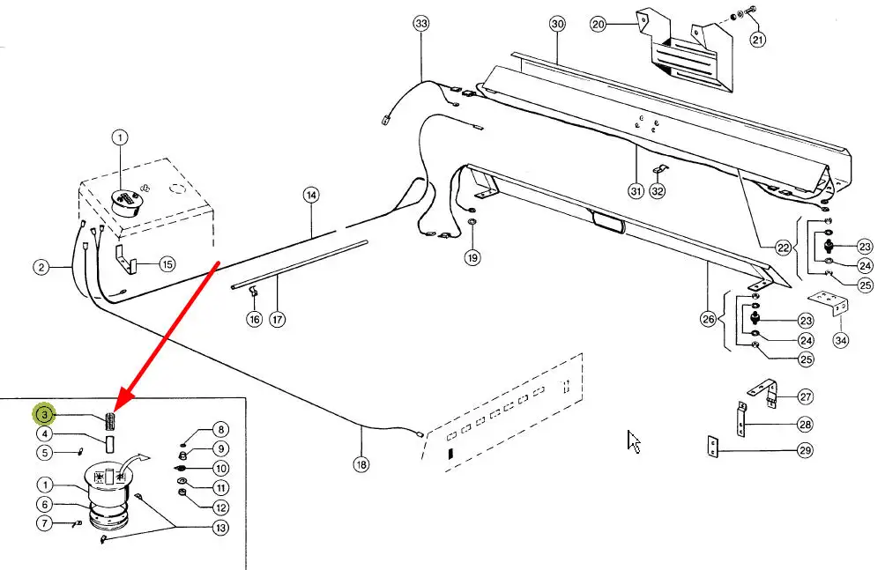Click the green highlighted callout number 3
click(x=44, y=415)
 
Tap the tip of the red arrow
click(x=115, y=411)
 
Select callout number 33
click(x=421, y=24)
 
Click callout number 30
click(x=557, y=24)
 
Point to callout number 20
click(x=599, y=24)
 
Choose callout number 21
click(x=757, y=40)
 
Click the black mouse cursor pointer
click(x=633, y=441)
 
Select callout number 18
click(x=361, y=464)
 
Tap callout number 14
click(x=311, y=196)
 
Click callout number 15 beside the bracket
click(x=167, y=264)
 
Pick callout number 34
click(x=840, y=340)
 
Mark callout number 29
click(x=805, y=450)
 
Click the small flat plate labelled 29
click(x=713, y=447)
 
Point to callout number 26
click(x=709, y=319)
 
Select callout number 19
click(x=472, y=257)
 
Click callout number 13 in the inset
click(x=220, y=528)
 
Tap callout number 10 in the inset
click(x=220, y=469)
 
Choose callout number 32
click(x=658, y=191)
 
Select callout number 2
click(x=41, y=267)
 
